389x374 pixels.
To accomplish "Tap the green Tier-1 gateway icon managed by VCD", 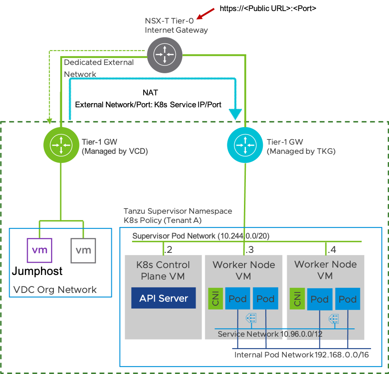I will [61, 145].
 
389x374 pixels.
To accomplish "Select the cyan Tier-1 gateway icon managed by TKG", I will [245, 145].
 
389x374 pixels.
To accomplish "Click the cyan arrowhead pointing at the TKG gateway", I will [236, 113].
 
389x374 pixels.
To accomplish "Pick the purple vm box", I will [40, 250].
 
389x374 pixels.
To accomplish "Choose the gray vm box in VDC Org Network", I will [83, 250].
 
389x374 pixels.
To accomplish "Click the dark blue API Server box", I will [163, 298].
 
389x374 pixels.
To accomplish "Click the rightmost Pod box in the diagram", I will [347, 299].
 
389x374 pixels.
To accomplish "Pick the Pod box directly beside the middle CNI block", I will [238, 299].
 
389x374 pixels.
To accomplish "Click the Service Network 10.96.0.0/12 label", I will [270, 334].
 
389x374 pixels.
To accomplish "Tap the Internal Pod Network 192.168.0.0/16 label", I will [302, 355].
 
